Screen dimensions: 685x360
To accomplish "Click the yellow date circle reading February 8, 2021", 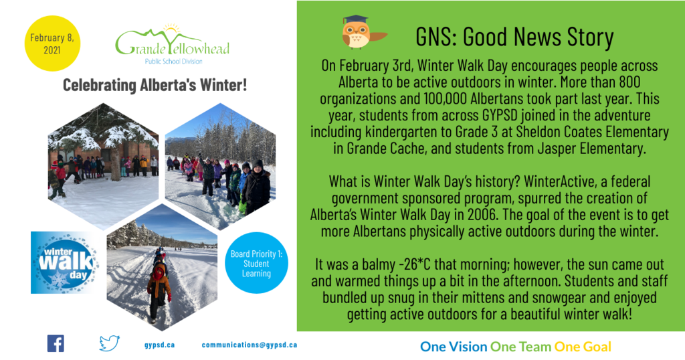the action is [x=52, y=43].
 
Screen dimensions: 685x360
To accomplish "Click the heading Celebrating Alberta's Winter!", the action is [x=155, y=85].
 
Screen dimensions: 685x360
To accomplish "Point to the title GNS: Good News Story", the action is [x=514, y=37].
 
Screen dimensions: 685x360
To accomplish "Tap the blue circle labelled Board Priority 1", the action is [x=256, y=263].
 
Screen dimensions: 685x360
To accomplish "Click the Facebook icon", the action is [x=56, y=344].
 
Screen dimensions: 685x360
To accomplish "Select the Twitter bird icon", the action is [x=109, y=343].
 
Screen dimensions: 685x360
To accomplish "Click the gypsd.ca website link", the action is [x=159, y=345].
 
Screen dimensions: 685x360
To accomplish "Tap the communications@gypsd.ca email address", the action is [x=250, y=345].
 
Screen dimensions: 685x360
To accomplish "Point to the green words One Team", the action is [x=520, y=347].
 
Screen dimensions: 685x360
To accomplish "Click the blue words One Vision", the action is [x=454, y=347].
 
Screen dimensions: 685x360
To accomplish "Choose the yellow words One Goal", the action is [x=583, y=347].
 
